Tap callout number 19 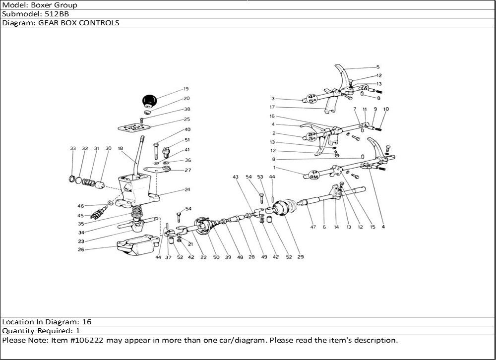(x=186, y=89)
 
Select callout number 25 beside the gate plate (x=187, y=120)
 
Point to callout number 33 (x=73, y=148)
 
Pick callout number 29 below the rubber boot (x=301, y=257)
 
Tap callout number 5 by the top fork (x=377, y=67)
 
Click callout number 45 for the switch (x=80, y=215)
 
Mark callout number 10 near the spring (x=386, y=109)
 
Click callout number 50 (x=216, y=257)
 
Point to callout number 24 (x=187, y=189)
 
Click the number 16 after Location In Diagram (x=87, y=321)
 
